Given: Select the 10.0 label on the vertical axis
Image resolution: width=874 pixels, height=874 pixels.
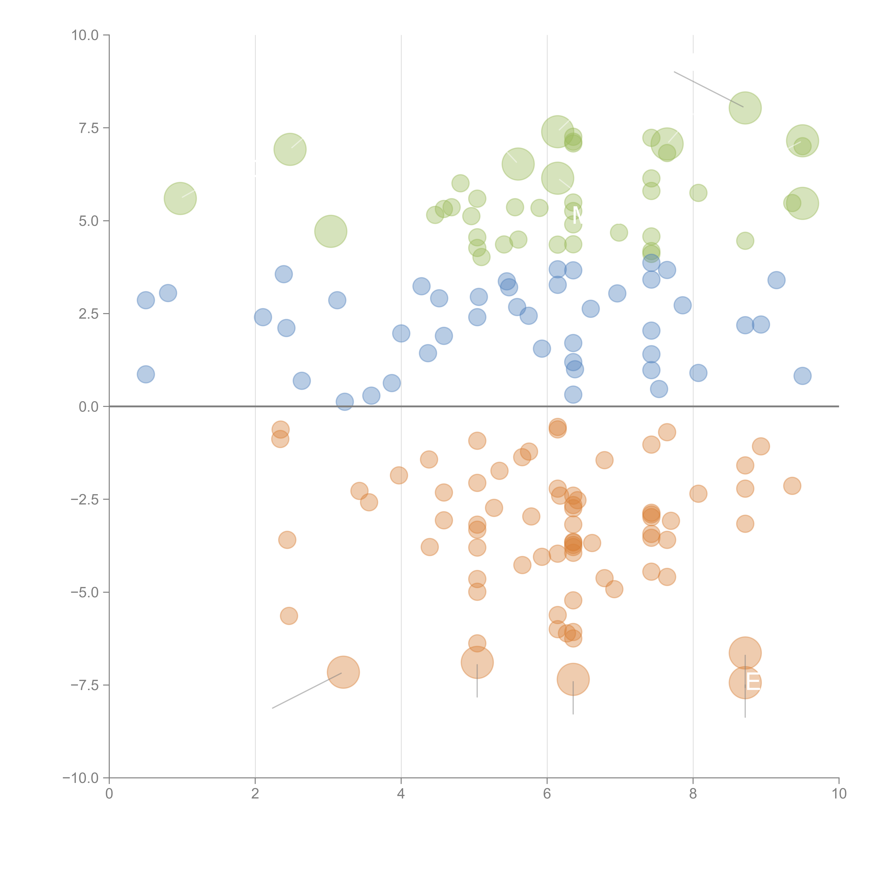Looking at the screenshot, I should coord(85,35).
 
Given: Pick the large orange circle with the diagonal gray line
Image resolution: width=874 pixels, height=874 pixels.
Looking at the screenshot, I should coord(343,672).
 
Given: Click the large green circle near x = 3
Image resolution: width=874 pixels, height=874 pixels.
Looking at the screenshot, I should coord(331,231).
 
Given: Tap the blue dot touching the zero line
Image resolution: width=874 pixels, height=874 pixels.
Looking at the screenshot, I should coord(345,401).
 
